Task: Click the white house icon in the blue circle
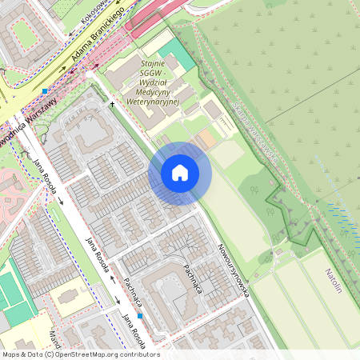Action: coord(180,173)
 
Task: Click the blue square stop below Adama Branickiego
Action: coord(45,91)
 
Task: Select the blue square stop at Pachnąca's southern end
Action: coord(139,315)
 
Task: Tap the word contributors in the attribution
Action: coord(139,354)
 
